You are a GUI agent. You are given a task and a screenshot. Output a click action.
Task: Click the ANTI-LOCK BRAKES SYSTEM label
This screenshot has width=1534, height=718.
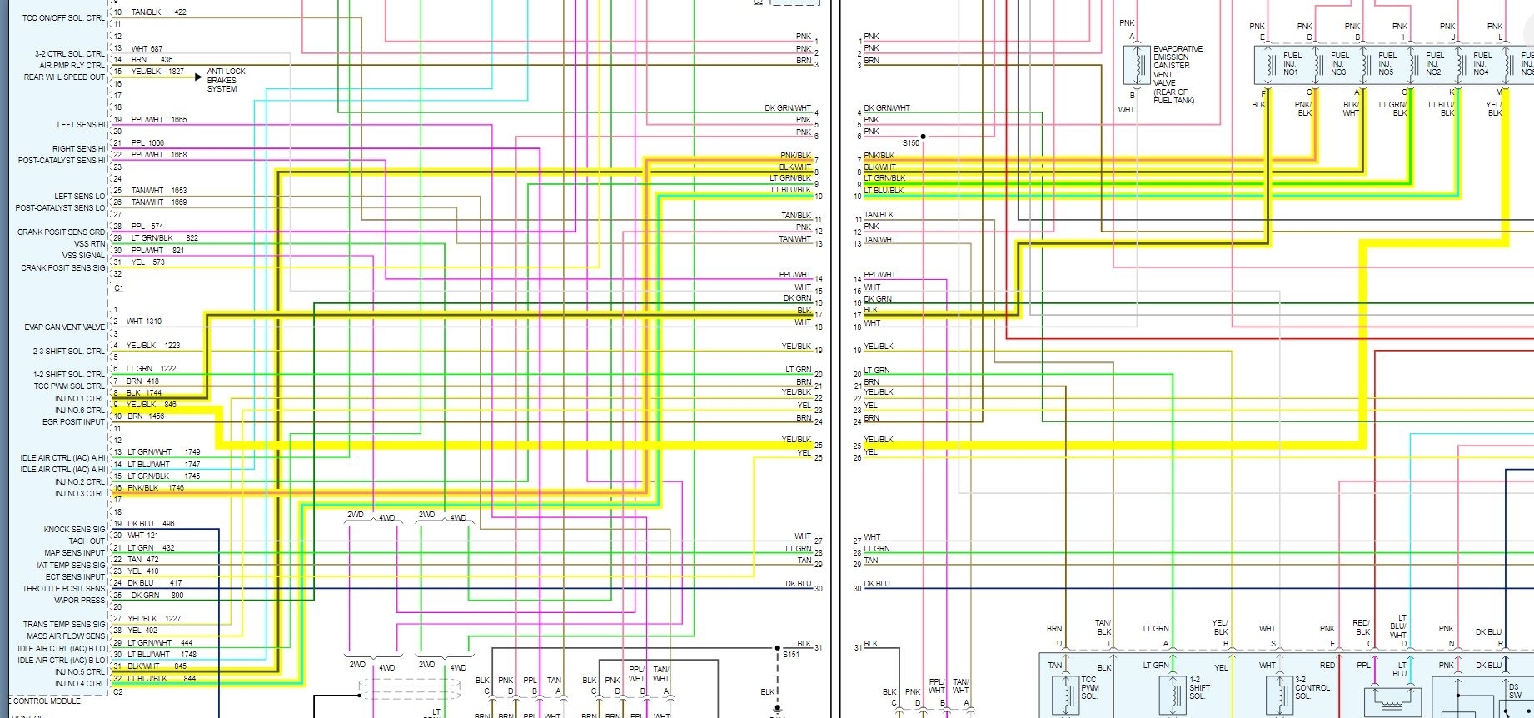pos(226,80)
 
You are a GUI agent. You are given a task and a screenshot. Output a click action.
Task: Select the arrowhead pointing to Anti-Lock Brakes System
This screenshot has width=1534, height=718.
pos(198,77)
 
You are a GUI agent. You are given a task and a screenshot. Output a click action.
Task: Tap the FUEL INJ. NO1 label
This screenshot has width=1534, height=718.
pos(1292,64)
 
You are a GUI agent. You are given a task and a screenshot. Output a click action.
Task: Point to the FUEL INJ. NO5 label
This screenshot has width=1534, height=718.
pos(1387,64)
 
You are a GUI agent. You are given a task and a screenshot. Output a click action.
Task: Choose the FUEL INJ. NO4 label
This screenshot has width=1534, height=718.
pos(1482,64)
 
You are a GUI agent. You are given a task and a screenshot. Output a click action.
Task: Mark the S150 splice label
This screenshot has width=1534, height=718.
pos(911,143)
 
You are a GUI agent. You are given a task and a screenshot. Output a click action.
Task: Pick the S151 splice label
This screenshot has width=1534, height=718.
pos(790,655)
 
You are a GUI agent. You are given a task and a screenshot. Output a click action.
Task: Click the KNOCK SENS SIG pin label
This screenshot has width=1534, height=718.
pos(75,530)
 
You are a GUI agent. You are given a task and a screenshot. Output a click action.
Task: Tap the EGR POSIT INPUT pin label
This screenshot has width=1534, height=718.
pos(74,422)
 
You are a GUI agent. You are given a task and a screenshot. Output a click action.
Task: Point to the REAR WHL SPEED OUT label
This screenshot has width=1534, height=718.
pos(65,77)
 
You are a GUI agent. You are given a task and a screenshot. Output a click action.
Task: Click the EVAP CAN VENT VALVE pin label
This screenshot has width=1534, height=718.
pos(65,327)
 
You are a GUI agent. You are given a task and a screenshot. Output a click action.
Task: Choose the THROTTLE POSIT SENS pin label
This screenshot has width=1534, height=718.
pos(64,589)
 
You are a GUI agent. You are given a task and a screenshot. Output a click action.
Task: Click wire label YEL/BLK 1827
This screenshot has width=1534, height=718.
pos(157,72)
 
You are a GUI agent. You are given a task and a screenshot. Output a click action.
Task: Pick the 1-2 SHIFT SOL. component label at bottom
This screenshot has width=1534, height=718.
pos(1199,688)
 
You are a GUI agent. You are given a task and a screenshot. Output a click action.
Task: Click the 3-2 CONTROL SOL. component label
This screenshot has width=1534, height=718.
pos(1312,688)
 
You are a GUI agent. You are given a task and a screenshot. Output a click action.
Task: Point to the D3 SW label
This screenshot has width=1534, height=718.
pos(1514,691)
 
